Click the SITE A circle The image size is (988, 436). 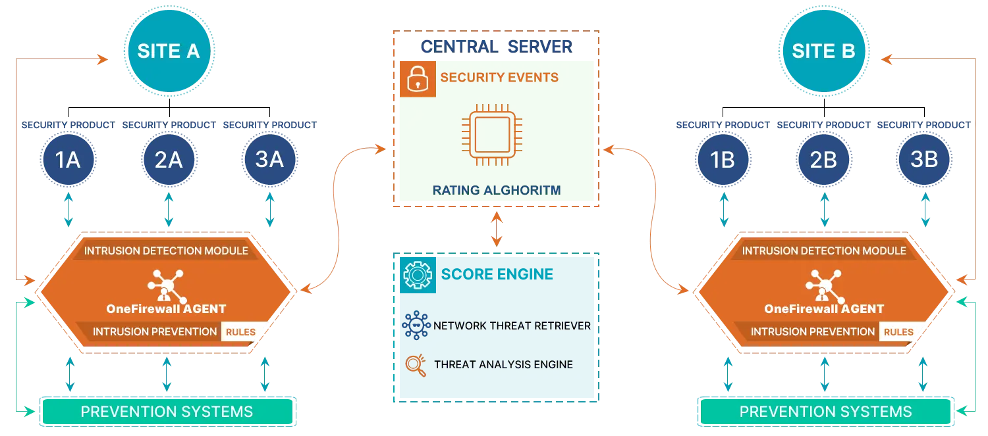[168, 51]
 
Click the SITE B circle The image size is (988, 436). [823, 51]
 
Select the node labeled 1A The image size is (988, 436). [68, 159]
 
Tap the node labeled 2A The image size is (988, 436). [169, 159]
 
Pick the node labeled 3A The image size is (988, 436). [269, 159]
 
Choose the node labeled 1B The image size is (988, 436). [723, 159]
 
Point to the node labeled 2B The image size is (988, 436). [823, 159]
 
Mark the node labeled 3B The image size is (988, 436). [924, 159]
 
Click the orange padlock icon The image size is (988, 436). [417, 79]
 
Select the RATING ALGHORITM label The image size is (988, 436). [497, 191]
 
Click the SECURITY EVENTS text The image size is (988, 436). [499, 78]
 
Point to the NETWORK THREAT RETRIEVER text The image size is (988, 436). [512, 326]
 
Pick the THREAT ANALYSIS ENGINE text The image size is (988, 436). [503, 364]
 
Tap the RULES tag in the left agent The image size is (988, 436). [240, 332]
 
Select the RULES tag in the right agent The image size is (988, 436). [898, 332]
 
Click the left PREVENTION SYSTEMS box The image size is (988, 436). [167, 412]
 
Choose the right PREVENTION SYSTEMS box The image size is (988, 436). [825, 412]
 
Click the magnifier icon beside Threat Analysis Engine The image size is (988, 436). [415, 364]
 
